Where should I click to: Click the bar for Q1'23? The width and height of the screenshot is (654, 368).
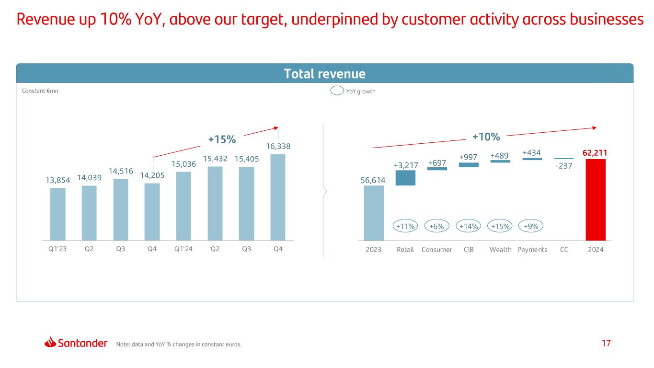[x=57, y=214]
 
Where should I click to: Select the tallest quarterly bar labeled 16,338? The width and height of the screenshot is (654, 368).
[x=278, y=197]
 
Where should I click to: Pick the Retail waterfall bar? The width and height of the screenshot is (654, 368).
[x=405, y=178]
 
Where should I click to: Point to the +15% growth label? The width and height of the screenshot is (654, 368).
[x=222, y=139]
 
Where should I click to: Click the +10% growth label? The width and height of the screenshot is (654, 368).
[x=486, y=137]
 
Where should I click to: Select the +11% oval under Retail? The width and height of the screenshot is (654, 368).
[x=405, y=226]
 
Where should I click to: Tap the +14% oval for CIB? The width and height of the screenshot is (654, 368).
[x=469, y=226]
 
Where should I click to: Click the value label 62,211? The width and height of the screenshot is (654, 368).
[x=595, y=153]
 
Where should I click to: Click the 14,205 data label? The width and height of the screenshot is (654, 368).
[x=152, y=176]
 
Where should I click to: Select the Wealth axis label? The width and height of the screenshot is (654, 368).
[x=501, y=250]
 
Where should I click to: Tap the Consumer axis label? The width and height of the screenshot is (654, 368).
[x=437, y=250]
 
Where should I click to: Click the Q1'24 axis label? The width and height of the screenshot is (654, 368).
[x=184, y=250]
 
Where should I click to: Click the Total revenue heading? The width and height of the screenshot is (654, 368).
[x=325, y=74]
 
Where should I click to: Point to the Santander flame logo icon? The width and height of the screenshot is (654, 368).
[x=51, y=343]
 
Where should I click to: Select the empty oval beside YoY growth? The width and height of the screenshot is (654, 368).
[x=337, y=91]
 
